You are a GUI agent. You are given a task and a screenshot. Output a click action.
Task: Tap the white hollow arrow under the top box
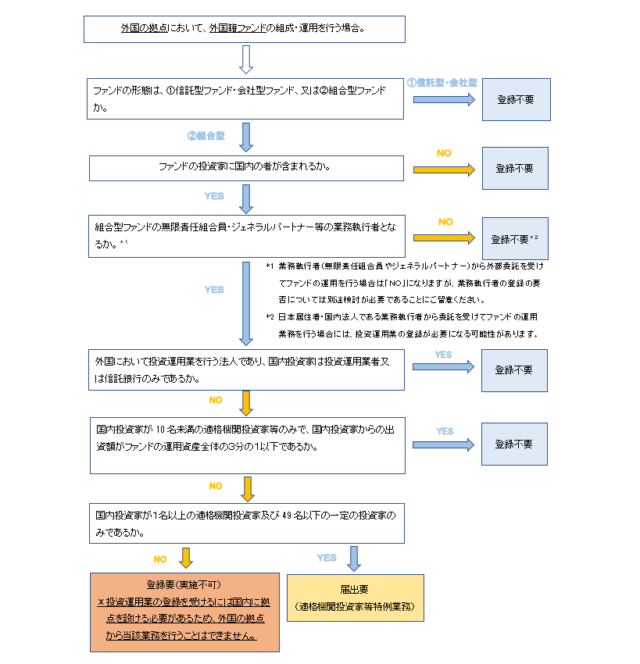coord(246,58)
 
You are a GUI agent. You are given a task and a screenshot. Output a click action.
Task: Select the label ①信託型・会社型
coord(442,83)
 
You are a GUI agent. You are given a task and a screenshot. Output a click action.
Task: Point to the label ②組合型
coord(206,135)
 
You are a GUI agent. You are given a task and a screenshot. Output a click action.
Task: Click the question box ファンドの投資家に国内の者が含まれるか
coord(246,167)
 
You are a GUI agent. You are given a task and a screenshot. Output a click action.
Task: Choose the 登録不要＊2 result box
coord(515,238)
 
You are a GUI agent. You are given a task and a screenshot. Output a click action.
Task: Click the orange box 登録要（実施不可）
coord(184,612)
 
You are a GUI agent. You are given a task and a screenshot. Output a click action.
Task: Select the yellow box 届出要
coord(356,598)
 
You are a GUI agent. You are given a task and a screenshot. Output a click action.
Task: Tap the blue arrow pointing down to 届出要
coord(354,558)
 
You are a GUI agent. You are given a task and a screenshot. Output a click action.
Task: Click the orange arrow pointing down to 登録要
coord(186,558)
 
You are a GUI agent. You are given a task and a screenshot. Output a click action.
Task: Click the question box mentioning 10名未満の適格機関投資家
coord(248,444)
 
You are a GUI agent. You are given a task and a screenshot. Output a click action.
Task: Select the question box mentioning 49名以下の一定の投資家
coord(247,523)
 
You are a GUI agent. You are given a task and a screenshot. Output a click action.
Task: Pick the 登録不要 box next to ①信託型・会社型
coord(516,99)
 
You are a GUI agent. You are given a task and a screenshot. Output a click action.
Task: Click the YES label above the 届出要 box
coord(327,558)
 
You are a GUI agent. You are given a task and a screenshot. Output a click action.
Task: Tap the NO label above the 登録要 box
coord(160,559)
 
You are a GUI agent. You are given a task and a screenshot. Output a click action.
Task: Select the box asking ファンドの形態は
coord(245,98)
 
